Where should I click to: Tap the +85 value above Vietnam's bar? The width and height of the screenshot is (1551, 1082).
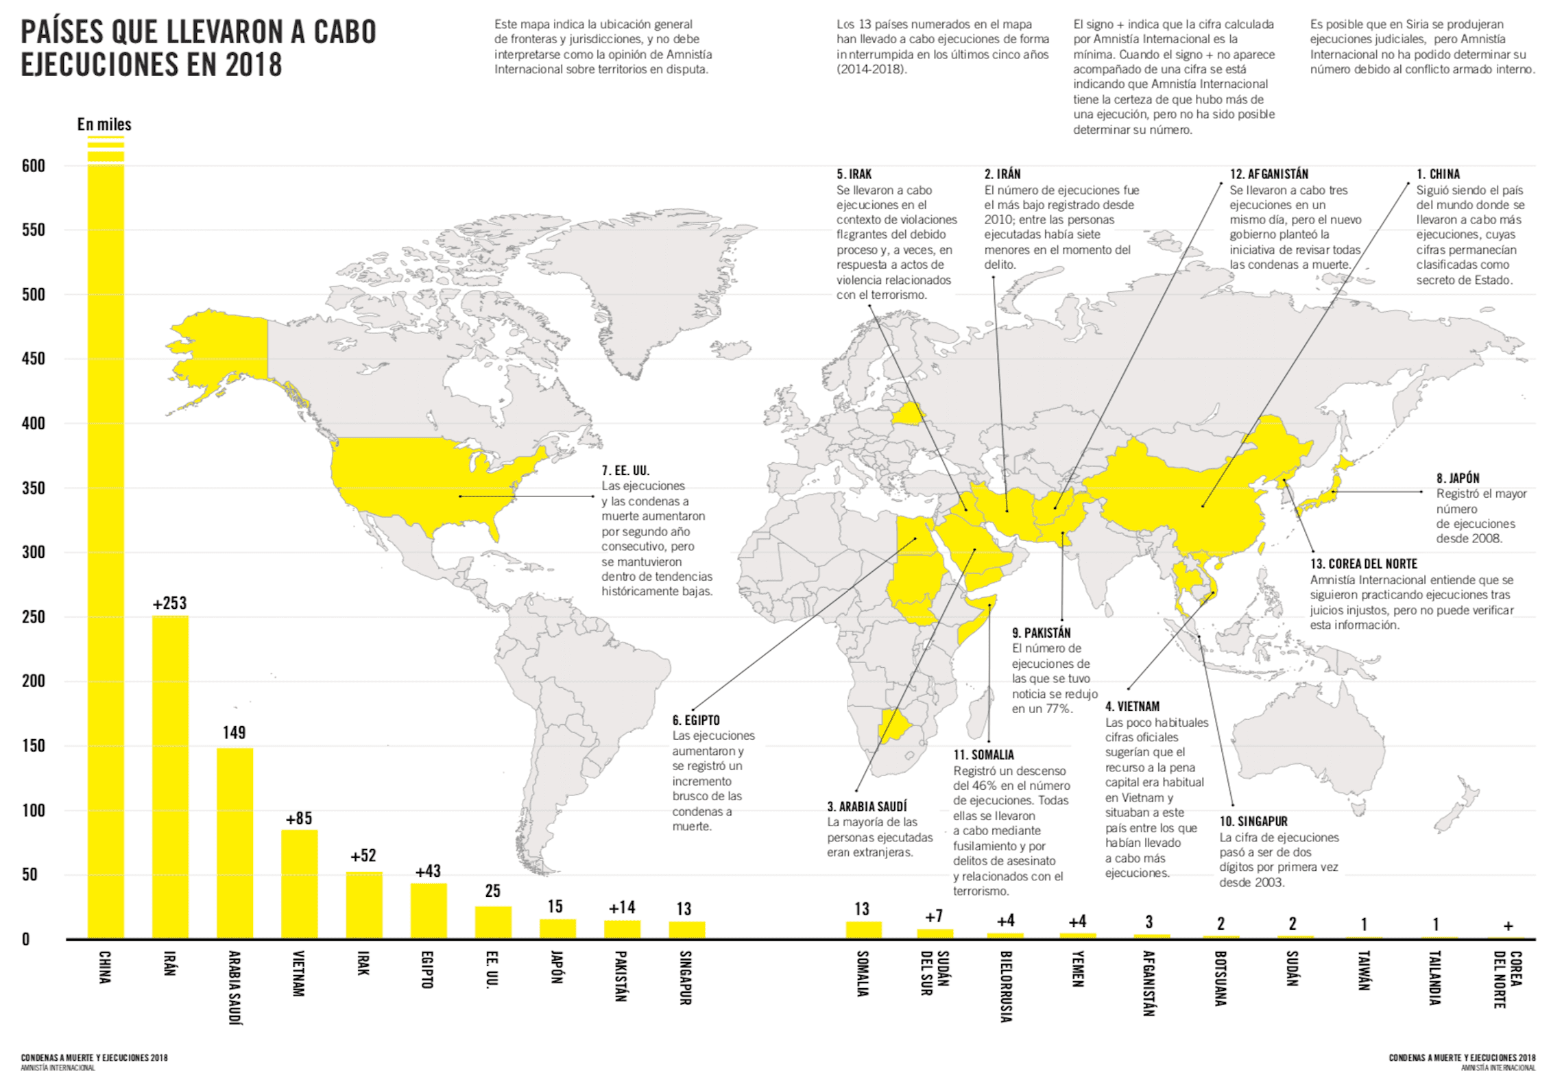pos(299,818)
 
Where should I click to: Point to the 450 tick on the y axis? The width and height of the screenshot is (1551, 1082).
pos(33,359)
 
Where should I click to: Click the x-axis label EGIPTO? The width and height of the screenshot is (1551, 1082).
pos(426,969)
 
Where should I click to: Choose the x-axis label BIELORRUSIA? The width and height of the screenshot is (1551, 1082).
pos(1005,985)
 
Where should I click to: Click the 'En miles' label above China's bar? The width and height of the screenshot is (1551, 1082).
pos(104,124)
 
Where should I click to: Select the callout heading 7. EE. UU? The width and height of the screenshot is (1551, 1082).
pos(625,470)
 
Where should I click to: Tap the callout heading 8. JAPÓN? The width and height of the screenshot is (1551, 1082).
pos(1458,478)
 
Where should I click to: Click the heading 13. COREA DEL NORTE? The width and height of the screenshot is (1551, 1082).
pos(1363,564)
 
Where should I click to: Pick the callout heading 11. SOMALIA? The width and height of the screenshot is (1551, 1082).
pos(983,754)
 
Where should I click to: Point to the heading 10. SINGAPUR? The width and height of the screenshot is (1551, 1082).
pos(1253,821)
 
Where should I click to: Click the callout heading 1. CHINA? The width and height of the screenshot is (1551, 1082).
pos(1438,174)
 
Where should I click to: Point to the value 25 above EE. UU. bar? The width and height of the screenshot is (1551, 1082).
pos(492,891)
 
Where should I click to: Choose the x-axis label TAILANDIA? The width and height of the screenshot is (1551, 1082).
pos(1434,977)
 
